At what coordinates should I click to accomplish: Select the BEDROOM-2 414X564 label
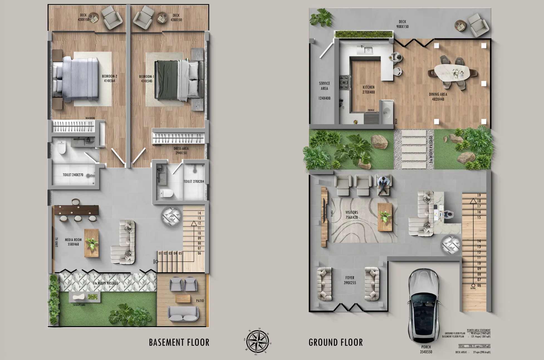pos(109,79)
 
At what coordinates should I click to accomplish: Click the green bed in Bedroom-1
pos(166,81)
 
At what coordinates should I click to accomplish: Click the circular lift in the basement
pos(171,216)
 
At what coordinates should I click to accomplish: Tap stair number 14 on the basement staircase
pos(199,213)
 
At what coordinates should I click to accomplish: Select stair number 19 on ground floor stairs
pos(479,195)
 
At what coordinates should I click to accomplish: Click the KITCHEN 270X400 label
pos(369,90)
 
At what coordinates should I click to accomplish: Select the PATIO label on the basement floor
pos(200,301)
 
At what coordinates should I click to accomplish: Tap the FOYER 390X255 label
pos(350,280)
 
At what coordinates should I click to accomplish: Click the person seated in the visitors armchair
pos(383,184)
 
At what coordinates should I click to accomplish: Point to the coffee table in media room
pos(92,243)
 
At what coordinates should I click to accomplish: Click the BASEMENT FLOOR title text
pos(179,342)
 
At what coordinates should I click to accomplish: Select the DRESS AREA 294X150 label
pos(181,151)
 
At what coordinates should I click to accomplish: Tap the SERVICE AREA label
pos(324,86)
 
